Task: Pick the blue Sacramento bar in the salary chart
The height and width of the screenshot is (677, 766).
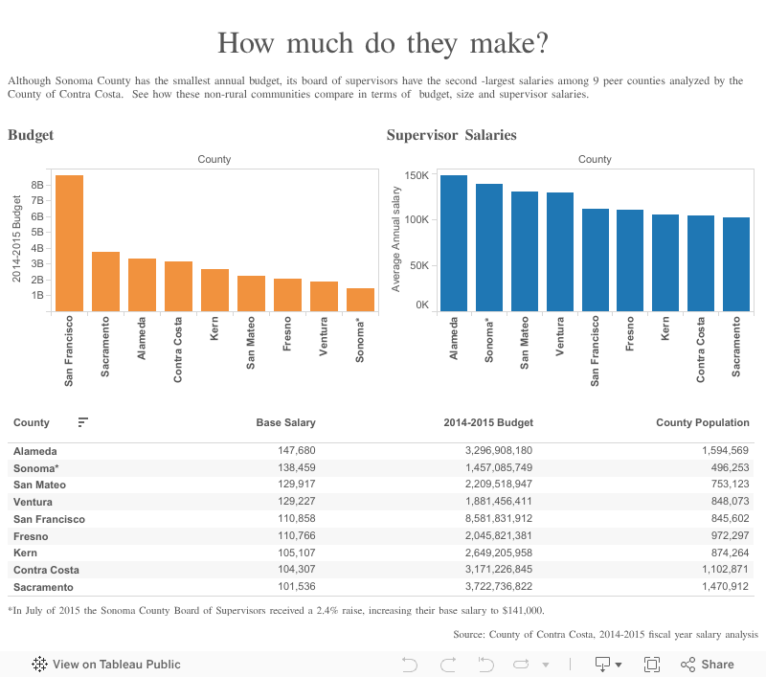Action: pyautogui.click(x=735, y=264)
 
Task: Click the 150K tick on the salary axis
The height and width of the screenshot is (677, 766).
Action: pyautogui.click(x=415, y=175)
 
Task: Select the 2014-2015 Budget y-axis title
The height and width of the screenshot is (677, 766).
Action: pyautogui.click(x=17, y=239)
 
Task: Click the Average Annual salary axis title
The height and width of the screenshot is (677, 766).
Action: pyautogui.click(x=396, y=240)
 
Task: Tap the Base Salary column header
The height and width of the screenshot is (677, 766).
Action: pyautogui.click(x=285, y=422)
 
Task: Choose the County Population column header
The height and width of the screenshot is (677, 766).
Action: pyautogui.click(x=703, y=422)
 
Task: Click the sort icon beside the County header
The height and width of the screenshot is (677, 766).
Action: pyautogui.click(x=83, y=422)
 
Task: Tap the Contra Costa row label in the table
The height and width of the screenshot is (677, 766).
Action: pyautogui.click(x=46, y=570)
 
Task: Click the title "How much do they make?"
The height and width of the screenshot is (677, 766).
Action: pyautogui.click(x=383, y=43)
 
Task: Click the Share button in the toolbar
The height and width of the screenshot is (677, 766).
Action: pyautogui.click(x=708, y=664)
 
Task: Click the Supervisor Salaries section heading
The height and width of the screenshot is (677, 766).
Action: pyautogui.click(x=451, y=135)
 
